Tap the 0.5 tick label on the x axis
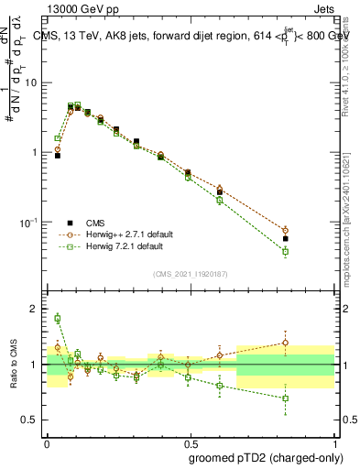point(191,440)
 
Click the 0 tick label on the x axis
point(47,440)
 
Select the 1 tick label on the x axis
point(334,440)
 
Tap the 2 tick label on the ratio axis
point(36,309)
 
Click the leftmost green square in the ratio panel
point(58,319)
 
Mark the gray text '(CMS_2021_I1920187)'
point(191,273)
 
